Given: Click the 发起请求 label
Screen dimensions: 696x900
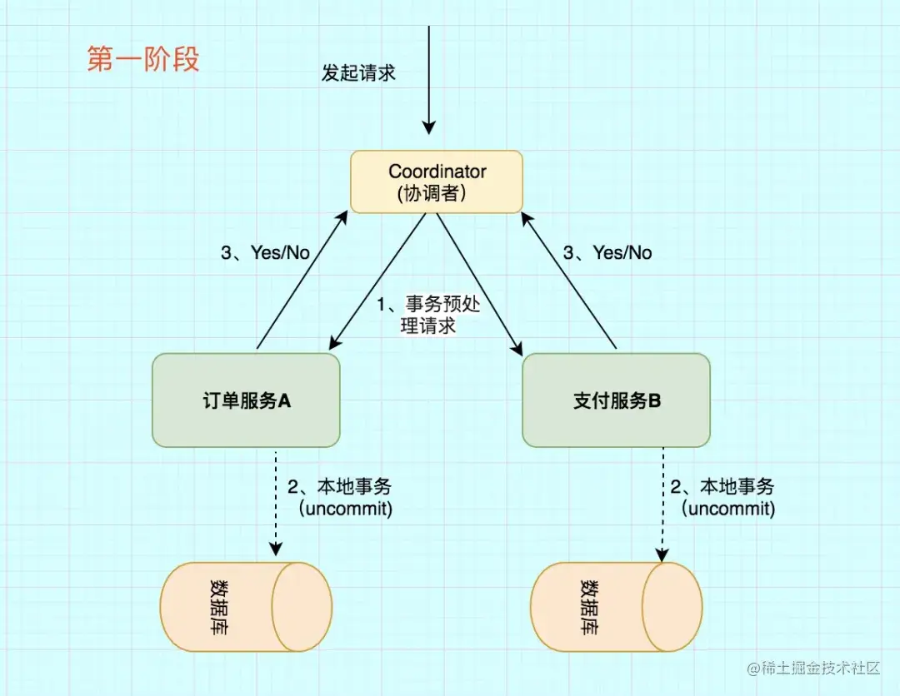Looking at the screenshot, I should point(358,73).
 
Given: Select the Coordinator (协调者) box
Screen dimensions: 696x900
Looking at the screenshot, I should point(437,181).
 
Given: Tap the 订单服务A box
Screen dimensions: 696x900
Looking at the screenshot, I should point(246,400).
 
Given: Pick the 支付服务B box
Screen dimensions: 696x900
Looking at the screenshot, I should point(616,400).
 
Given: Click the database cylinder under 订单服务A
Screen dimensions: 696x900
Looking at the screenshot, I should point(246,606).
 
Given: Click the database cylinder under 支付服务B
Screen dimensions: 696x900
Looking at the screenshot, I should point(616,606).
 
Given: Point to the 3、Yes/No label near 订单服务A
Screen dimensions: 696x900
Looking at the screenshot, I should point(265,253).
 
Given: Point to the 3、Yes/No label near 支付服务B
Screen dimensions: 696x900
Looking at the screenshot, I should point(607,253).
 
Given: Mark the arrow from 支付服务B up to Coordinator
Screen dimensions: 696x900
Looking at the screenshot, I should point(569,279).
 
